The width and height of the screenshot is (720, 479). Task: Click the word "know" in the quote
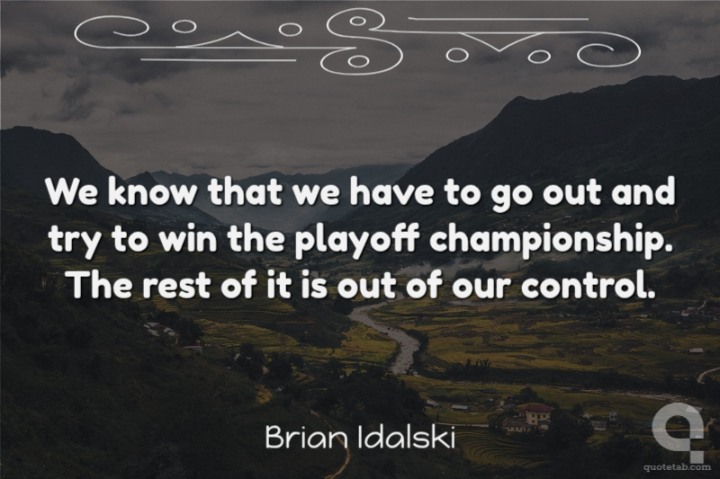[152, 191]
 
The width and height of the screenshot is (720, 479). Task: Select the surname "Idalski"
[406, 438]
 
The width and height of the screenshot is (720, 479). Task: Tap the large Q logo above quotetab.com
[679, 430]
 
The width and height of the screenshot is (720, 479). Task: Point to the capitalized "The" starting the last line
[101, 284]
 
